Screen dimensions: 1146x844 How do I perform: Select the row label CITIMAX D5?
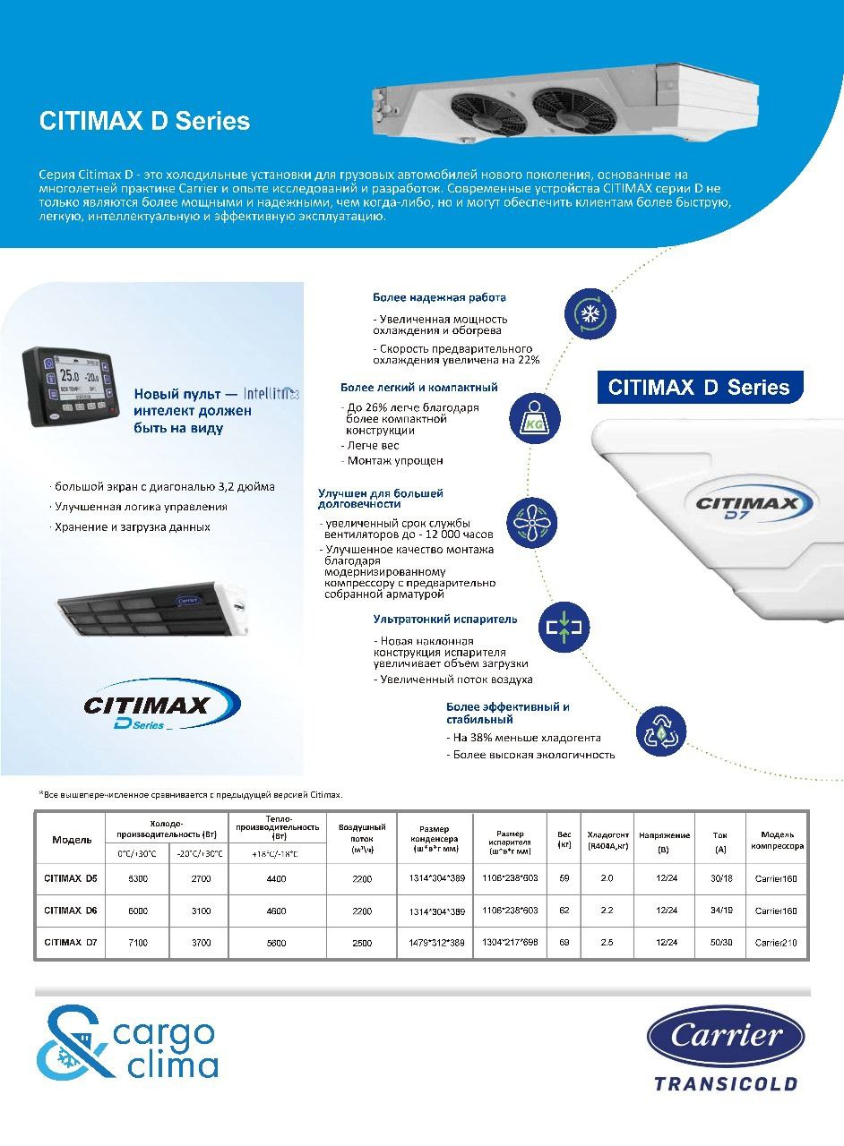coord(70,878)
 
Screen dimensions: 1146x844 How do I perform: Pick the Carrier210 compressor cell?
coord(775,943)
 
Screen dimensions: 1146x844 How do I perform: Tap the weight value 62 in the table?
coord(564,911)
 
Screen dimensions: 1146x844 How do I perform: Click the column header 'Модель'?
coord(72,840)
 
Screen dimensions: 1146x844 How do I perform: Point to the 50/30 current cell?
coord(720,943)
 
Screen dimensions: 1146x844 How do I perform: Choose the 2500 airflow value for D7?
coord(361,943)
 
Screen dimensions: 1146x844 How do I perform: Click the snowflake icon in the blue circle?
coord(590,312)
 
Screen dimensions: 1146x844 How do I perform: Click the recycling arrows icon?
coord(660,731)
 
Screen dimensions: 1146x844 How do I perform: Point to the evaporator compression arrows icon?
coord(564,628)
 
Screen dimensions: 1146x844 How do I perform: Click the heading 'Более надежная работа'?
coord(439,297)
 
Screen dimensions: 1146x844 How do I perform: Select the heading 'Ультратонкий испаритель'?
coord(445,619)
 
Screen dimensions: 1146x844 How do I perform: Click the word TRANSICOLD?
coord(726,1084)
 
